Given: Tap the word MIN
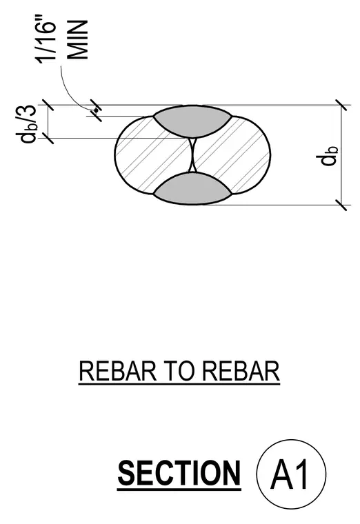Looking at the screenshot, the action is tap(78, 40).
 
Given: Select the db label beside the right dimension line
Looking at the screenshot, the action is tap(328, 156).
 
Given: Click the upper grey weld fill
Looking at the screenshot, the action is tap(192, 121).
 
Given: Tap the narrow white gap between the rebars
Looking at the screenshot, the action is tap(192, 155).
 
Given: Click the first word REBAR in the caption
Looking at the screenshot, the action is tap(118, 371).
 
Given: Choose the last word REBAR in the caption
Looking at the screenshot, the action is tap(241, 371).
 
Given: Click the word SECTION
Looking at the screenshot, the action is tap(179, 473).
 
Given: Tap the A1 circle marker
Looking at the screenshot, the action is tap(291, 474).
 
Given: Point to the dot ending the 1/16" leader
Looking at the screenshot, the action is tap(96, 110).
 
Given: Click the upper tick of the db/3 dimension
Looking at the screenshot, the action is tap(48, 105).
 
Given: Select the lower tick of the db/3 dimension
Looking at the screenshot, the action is tap(48, 138).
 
